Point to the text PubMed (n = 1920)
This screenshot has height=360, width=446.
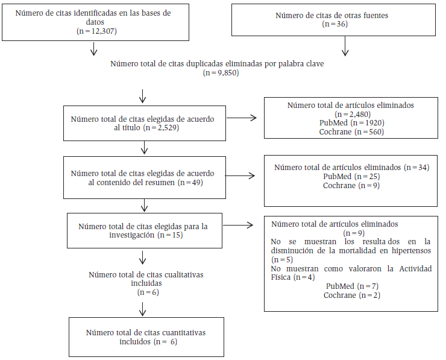pyautogui.click(x=351, y=122)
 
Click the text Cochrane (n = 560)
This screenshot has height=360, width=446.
pyautogui.click(x=351, y=131)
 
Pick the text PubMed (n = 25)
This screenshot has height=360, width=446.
pyautogui.click(x=351, y=176)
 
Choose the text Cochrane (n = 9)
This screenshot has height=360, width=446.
pyautogui.click(x=351, y=185)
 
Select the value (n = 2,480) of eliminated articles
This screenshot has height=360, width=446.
pyautogui.click(x=351, y=114)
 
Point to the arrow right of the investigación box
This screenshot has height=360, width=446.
pyautogui.click(x=240, y=226)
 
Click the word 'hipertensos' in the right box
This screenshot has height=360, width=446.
pyautogui.click(x=410, y=250)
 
